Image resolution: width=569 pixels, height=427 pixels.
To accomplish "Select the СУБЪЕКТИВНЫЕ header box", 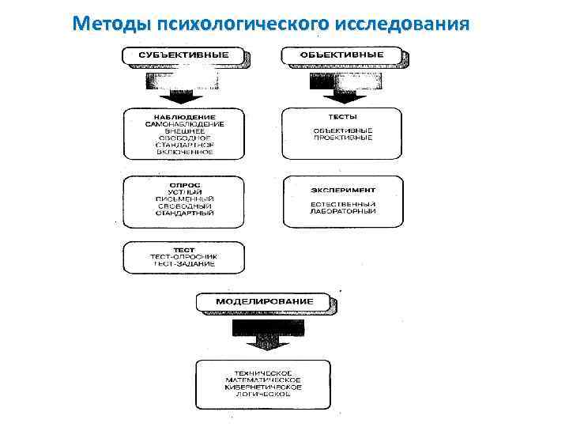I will [184, 55].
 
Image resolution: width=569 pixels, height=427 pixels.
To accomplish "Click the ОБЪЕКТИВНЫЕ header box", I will [342, 55].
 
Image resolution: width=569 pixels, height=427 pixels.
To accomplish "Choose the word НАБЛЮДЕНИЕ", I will [184, 116].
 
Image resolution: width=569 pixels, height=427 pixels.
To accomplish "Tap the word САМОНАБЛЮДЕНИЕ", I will [184, 124].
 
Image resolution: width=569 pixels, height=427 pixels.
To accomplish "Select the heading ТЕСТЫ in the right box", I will [342, 116].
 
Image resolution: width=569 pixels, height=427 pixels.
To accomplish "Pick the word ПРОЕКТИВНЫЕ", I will [342, 138].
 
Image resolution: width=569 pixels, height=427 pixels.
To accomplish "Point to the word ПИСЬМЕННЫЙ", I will [184, 198].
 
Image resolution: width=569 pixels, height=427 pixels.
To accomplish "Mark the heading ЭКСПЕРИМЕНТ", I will [342, 191].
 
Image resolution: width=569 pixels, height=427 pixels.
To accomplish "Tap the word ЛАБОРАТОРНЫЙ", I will [342, 212].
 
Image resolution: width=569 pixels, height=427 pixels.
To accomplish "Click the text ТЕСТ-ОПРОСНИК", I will [184, 257].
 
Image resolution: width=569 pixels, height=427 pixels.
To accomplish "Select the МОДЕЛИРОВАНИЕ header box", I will [265, 301].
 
